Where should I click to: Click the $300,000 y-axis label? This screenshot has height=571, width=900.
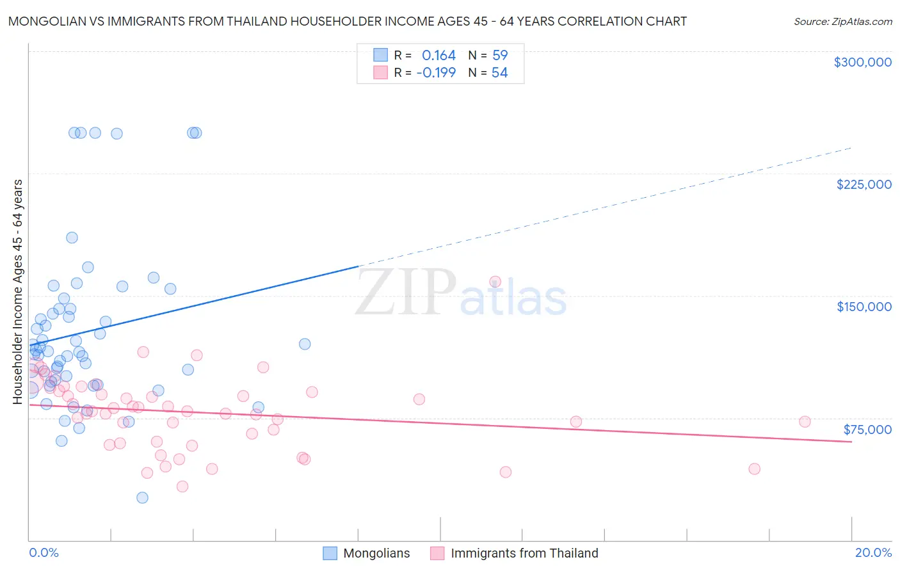tap(862, 62)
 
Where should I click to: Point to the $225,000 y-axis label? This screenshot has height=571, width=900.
tap(864, 184)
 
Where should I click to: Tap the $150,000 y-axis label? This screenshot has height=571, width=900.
tap(864, 307)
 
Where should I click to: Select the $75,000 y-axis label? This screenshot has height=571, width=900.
tap(867, 430)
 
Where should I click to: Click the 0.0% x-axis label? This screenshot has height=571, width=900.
tap(44, 552)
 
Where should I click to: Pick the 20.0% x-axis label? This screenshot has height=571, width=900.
tap(873, 552)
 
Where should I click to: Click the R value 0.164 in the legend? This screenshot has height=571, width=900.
tap(438, 56)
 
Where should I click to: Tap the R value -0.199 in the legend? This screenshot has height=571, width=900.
tap(436, 73)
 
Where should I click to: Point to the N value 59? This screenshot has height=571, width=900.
tap(500, 56)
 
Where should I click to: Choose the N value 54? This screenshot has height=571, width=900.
tap(499, 73)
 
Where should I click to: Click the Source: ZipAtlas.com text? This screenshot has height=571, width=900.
tap(842, 22)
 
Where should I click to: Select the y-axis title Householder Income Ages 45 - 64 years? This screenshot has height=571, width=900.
tap(18, 292)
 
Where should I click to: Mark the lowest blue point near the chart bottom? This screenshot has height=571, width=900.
tap(142, 497)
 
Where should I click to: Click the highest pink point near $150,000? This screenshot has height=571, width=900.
tap(495, 282)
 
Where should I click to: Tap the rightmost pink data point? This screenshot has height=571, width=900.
tap(805, 421)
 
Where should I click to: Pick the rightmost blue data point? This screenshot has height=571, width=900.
tap(305, 344)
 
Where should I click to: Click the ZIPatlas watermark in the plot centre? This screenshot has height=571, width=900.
tap(461, 293)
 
